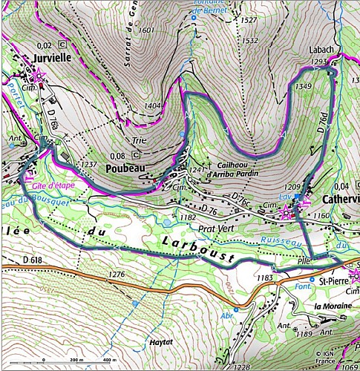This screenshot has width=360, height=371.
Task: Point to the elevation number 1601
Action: [x=146, y=30]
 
